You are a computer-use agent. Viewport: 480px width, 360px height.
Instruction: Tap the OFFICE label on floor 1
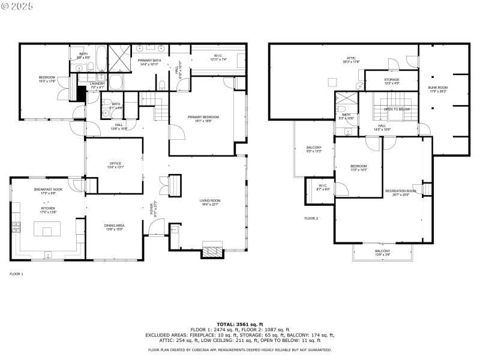(x=115, y=163)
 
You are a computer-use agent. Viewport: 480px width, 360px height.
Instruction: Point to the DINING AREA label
(x=114, y=225)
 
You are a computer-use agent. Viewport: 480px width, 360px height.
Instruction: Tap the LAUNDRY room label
(x=97, y=83)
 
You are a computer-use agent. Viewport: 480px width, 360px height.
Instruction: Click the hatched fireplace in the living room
(x=211, y=251)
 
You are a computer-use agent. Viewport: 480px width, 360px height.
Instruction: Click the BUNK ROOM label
(x=437, y=88)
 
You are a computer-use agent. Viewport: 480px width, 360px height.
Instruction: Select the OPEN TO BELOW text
(x=397, y=109)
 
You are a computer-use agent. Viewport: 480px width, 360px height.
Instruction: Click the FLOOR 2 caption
(x=311, y=218)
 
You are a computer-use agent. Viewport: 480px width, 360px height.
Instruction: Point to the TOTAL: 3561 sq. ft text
(x=239, y=324)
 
